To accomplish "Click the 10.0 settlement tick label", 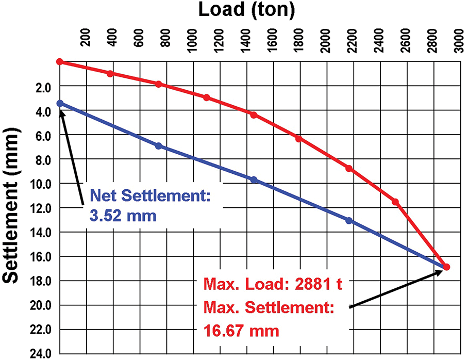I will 42,183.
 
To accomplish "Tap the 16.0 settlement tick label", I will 42,256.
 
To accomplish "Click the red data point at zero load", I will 59,61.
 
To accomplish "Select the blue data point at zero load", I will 60,103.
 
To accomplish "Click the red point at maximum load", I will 446,267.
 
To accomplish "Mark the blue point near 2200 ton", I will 349,221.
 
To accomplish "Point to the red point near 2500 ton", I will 395,202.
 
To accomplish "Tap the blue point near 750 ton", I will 158,146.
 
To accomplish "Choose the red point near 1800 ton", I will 298,138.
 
